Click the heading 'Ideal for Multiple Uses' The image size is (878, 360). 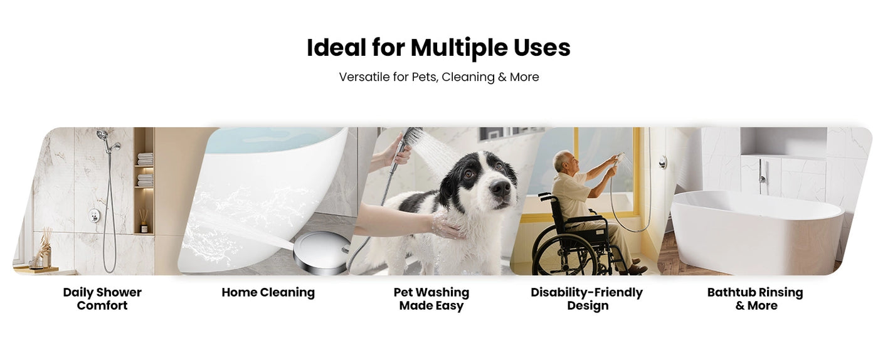pos(438,48)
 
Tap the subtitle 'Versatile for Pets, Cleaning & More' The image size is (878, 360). pos(438,77)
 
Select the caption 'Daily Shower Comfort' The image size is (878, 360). pos(102,299)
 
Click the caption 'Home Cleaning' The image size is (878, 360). pos(268,292)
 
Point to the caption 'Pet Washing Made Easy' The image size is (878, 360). pos(431,299)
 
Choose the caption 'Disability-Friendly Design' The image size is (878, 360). pos(586,299)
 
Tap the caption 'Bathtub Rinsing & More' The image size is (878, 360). pos(755,299)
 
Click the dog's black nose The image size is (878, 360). pos(500,187)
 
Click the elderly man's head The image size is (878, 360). pos(563,162)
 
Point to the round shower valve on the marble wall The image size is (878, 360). pos(94,215)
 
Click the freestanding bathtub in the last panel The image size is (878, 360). pos(756,232)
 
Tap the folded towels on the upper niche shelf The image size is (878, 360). pos(144,159)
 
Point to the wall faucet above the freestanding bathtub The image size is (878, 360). pos(761,169)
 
